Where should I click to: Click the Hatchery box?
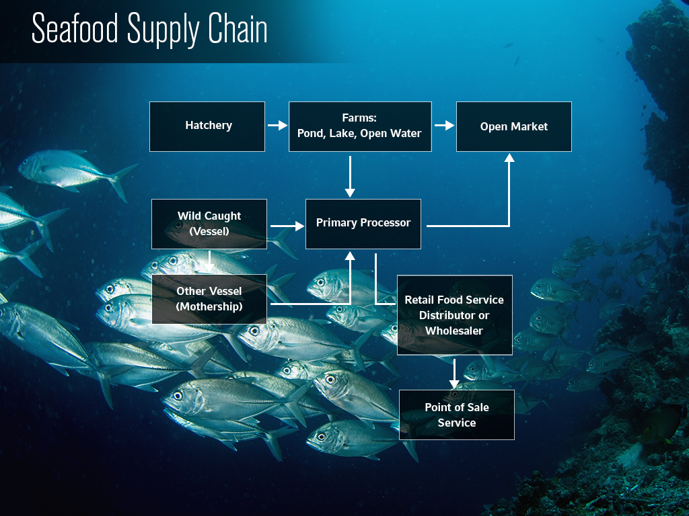click(x=207, y=126)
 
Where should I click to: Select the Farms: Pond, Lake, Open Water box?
click(x=360, y=126)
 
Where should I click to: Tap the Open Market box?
click(x=514, y=126)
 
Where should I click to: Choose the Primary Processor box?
click(x=363, y=223)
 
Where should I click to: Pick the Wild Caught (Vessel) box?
click(x=209, y=224)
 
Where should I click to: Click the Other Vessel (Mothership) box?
click(x=209, y=299)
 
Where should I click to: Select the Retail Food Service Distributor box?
click(x=454, y=314)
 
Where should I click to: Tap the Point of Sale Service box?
click(x=457, y=415)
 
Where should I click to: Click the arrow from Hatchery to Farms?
click(x=277, y=126)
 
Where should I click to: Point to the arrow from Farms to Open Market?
click(x=444, y=126)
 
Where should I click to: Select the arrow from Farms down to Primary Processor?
click(x=350, y=176)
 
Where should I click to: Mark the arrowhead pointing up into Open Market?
click(x=509, y=158)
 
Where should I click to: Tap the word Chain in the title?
click(x=236, y=30)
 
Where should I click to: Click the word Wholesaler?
click(x=454, y=331)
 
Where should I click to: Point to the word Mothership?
click(x=209, y=307)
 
